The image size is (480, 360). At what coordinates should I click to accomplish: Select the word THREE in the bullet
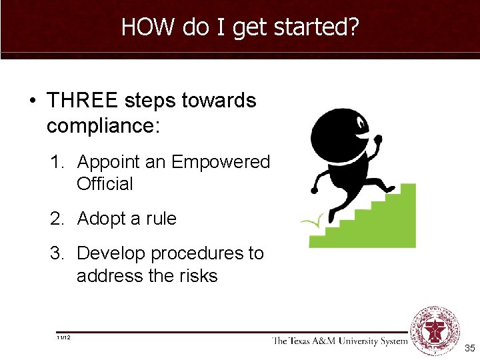[81, 101]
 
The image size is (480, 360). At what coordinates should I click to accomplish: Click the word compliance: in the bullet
[103, 125]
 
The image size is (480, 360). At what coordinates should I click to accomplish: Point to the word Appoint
[109, 162]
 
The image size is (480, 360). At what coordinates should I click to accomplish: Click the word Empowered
[221, 162]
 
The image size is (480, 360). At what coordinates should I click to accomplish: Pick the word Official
[105, 184]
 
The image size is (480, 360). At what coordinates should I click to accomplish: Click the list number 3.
[57, 254]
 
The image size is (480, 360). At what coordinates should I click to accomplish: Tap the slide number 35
[469, 348]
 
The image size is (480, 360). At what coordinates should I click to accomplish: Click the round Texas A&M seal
[435, 331]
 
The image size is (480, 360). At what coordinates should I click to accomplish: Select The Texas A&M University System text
[339, 341]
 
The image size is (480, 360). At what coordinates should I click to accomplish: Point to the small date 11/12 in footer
[65, 338]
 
